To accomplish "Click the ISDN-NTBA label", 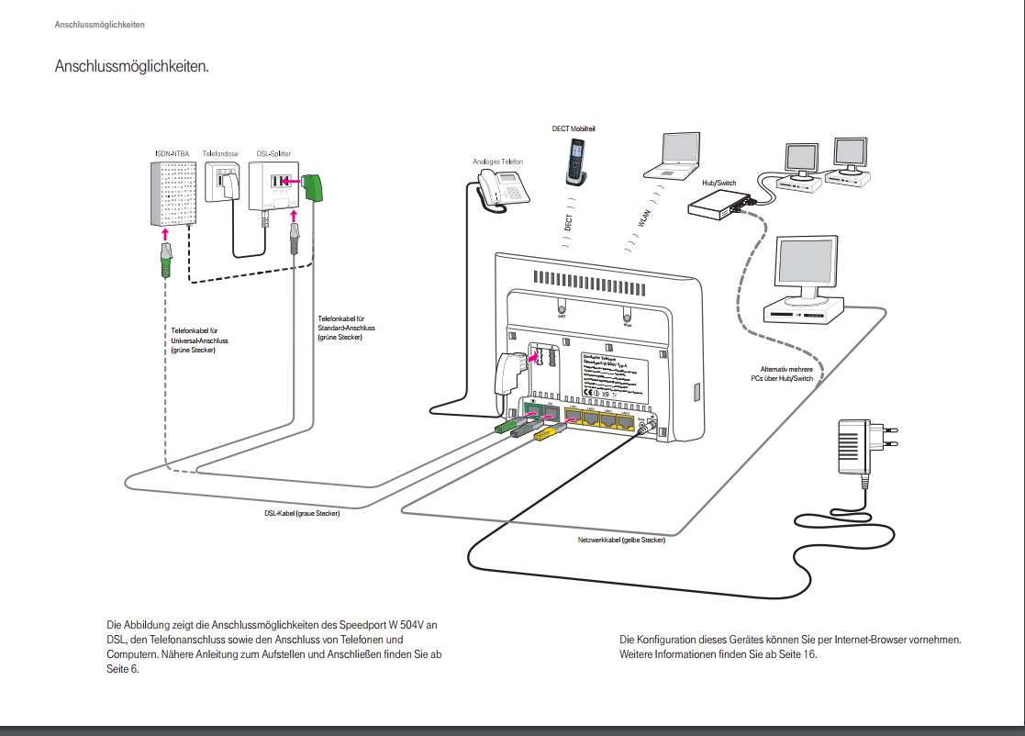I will pos(173,154).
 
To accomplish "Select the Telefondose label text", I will pos(221,154).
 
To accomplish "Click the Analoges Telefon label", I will pos(498,162).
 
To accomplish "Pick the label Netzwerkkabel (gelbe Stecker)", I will pos(621,541).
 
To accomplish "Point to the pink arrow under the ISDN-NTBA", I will pos(166,235).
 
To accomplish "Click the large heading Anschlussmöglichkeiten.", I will pos(131,67).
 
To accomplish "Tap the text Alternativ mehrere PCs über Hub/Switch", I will pos(781,374).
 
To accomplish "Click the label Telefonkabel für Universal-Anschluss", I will pos(199,340).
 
